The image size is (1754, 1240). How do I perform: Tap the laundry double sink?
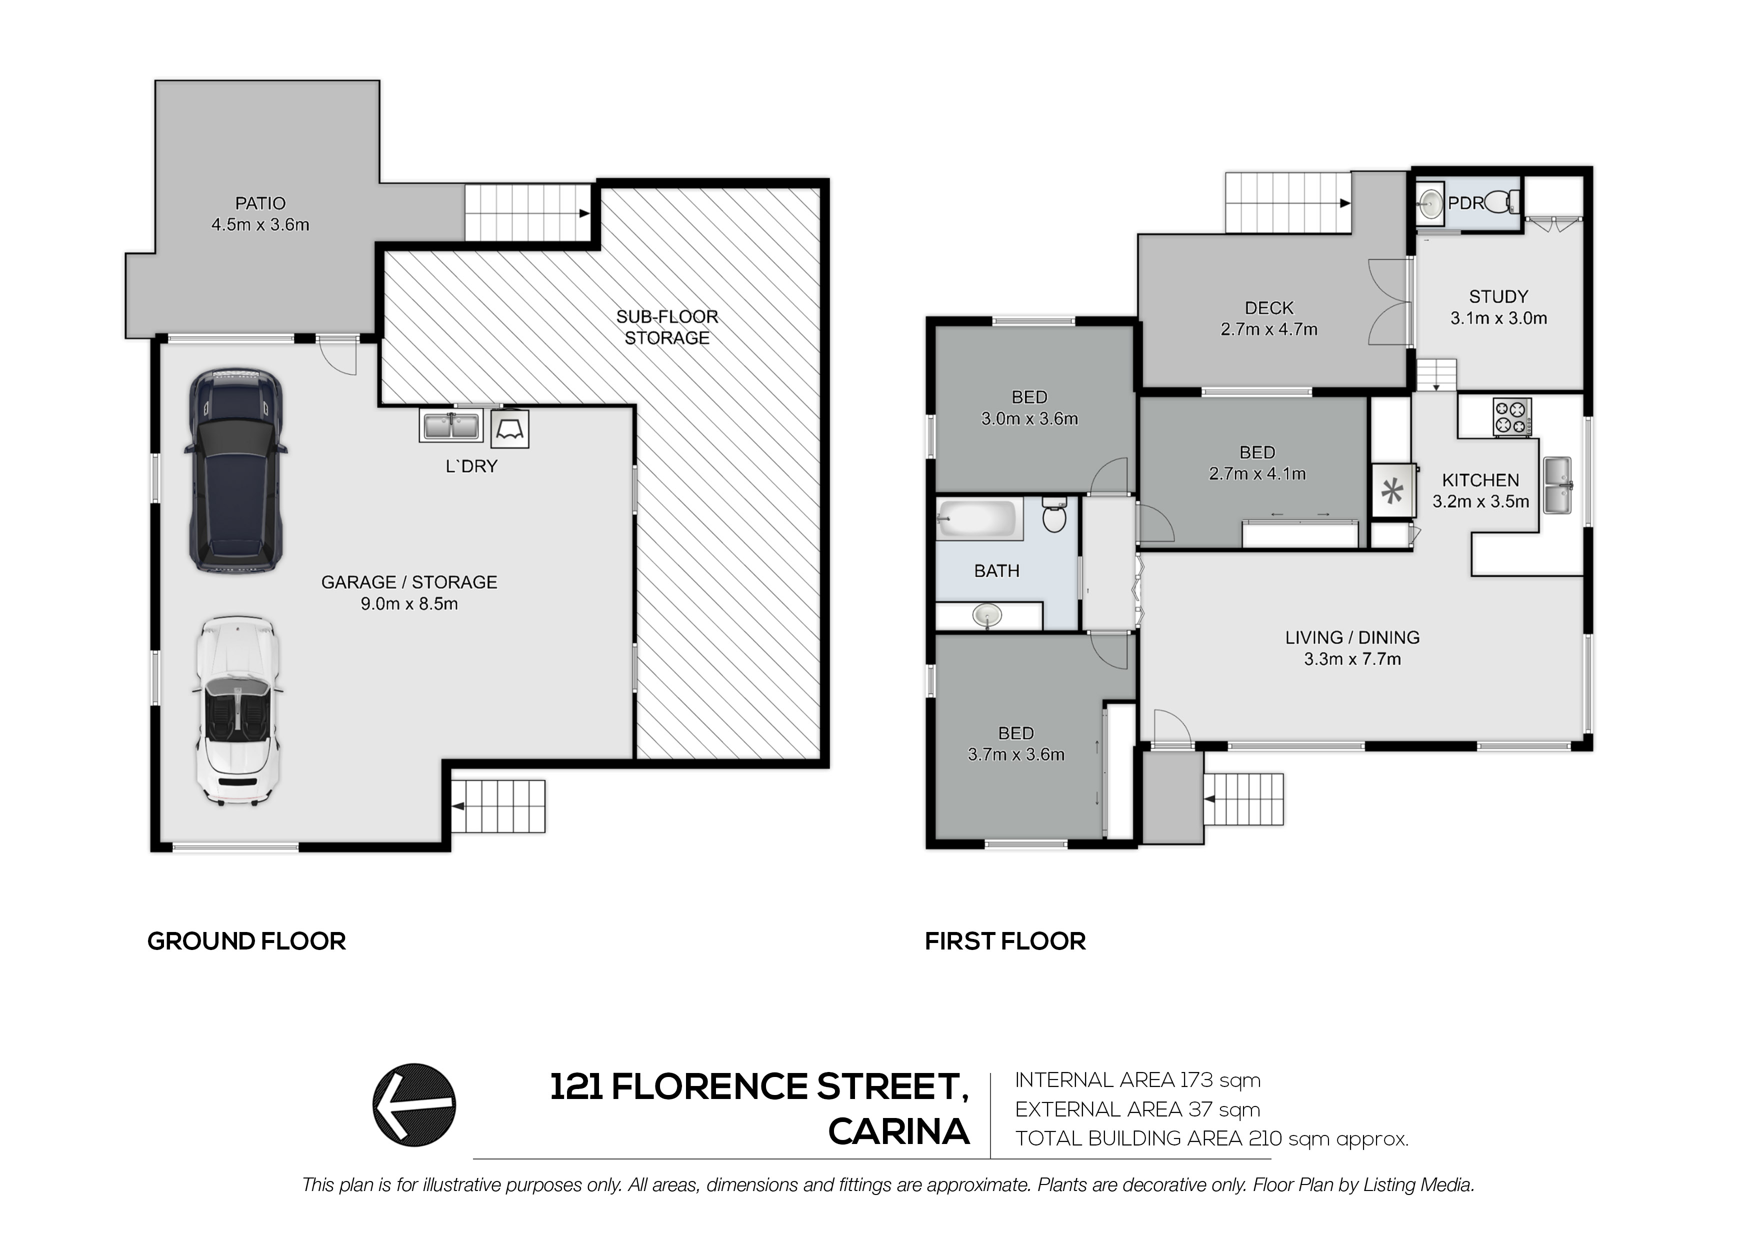[x=451, y=425]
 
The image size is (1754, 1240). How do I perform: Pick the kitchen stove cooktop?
[x=1512, y=418]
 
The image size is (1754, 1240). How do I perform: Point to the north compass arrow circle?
[x=414, y=1105]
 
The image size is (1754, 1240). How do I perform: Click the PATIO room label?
[x=260, y=203]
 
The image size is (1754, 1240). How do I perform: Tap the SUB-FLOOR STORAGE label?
[x=667, y=327]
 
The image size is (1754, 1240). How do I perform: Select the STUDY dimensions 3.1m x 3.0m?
[x=1499, y=318]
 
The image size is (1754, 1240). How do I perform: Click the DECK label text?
[x=1269, y=308]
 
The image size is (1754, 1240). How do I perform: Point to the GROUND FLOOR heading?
[x=247, y=941]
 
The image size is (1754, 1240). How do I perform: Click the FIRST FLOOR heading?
[x=1005, y=941]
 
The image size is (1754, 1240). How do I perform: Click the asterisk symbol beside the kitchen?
[x=1392, y=491]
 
